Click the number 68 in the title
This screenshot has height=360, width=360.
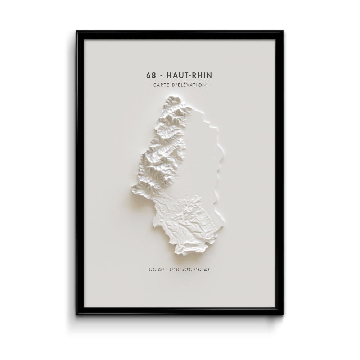click(151, 75)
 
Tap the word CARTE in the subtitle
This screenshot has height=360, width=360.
click(163, 85)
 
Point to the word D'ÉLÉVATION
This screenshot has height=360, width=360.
click(191, 85)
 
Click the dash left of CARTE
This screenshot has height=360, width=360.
click(149, 85)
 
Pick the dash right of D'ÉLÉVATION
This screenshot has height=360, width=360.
click(210, 85)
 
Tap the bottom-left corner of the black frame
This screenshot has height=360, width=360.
click(77, 314)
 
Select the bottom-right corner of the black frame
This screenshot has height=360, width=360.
click(283, 314)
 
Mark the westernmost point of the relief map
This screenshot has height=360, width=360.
click(131, 188)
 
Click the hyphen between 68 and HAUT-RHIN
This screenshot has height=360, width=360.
click(162, 76)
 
